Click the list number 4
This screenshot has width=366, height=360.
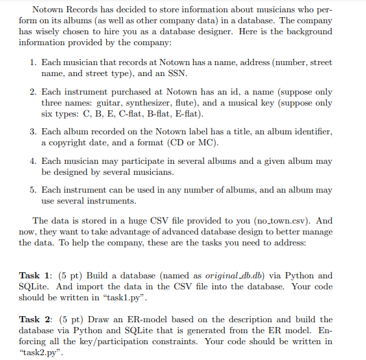click(33, 161)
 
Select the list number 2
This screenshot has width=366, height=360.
click(33, 91)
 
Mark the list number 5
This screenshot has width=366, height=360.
click(33, 190)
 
